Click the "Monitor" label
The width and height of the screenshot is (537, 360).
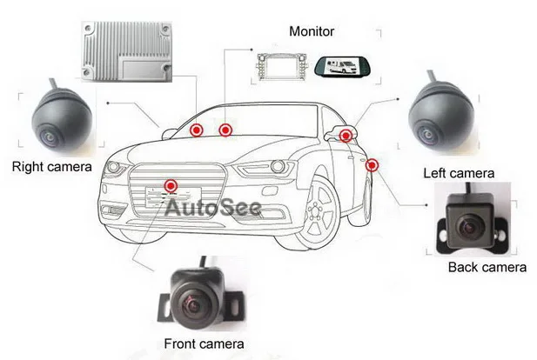pyautogui.click(x=311, y=32)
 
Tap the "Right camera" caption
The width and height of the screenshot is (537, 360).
pyautogui.click(x=50, y=165)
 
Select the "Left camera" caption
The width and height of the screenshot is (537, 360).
pyautogui.click(x=459, y=173)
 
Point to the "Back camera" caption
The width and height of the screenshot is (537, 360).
pyautogui.click(x=487, y=267)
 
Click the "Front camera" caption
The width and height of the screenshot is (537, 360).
pyautogui.click(x=202, y=345)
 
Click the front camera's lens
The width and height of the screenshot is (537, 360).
pyautogui.click(x=192, y=302)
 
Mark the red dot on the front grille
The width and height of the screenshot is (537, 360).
pyautogui.click(x=171, y=184)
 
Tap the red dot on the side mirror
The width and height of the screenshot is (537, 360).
pyautogui.click(x=346, y=135)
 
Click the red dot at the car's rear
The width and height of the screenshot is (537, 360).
pyautogui.click(x=373, y=165)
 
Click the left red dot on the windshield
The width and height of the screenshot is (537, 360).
pyautogui.click(x=197, y=130)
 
